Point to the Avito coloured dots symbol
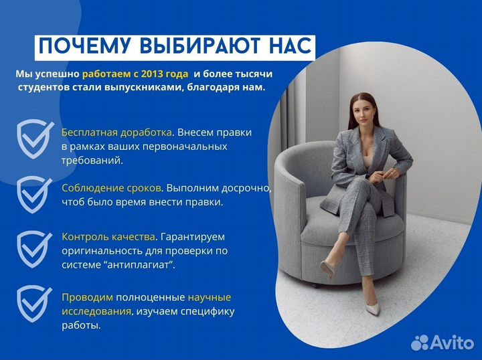coord(421,343)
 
